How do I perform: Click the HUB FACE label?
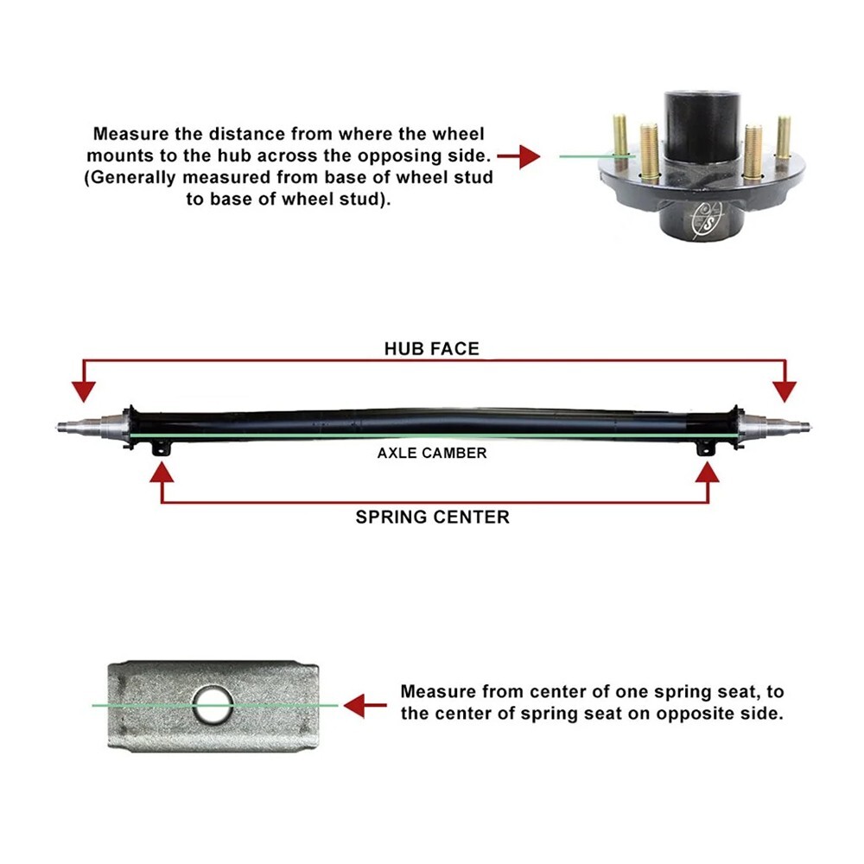click(431, 348)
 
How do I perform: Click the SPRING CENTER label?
click(432, 517)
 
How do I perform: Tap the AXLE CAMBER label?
click(432, 453)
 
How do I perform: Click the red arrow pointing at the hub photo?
click(518, 156)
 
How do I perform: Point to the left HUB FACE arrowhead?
click(83, 391)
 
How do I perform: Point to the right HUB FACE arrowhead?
click(785, 391)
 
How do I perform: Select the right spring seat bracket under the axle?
click(707, 449)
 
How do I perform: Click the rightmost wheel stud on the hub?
click(783, 138)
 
